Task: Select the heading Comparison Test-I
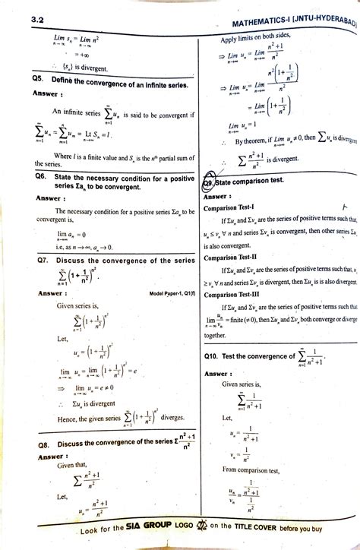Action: click(230, 207)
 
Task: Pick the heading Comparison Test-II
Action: click(231, 258)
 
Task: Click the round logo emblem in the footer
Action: click(201, 530)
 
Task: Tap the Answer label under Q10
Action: click(218, 374)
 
